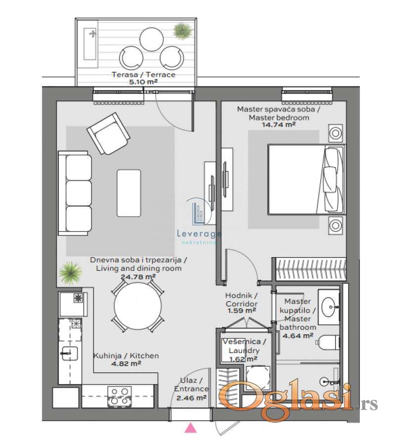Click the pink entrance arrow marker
(x=191, y=427)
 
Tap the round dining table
(x=137, y=306)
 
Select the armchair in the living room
(x=108, y=133)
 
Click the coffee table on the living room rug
(x=129, y=193)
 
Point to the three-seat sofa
(x=75, y=193)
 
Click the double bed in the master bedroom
(x=307, y=179)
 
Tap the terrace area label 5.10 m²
(x=143, y=82)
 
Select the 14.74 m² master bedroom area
(x=278, y=124)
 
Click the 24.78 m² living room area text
(x=138, y=277)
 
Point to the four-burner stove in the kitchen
(x=119, y=396)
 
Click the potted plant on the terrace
(x=182, y=31)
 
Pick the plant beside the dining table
(x=70, y=273)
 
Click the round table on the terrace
(x=152, y=39)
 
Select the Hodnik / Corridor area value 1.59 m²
(x=242, y=311)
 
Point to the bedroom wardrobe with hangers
(x=311, y=269)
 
